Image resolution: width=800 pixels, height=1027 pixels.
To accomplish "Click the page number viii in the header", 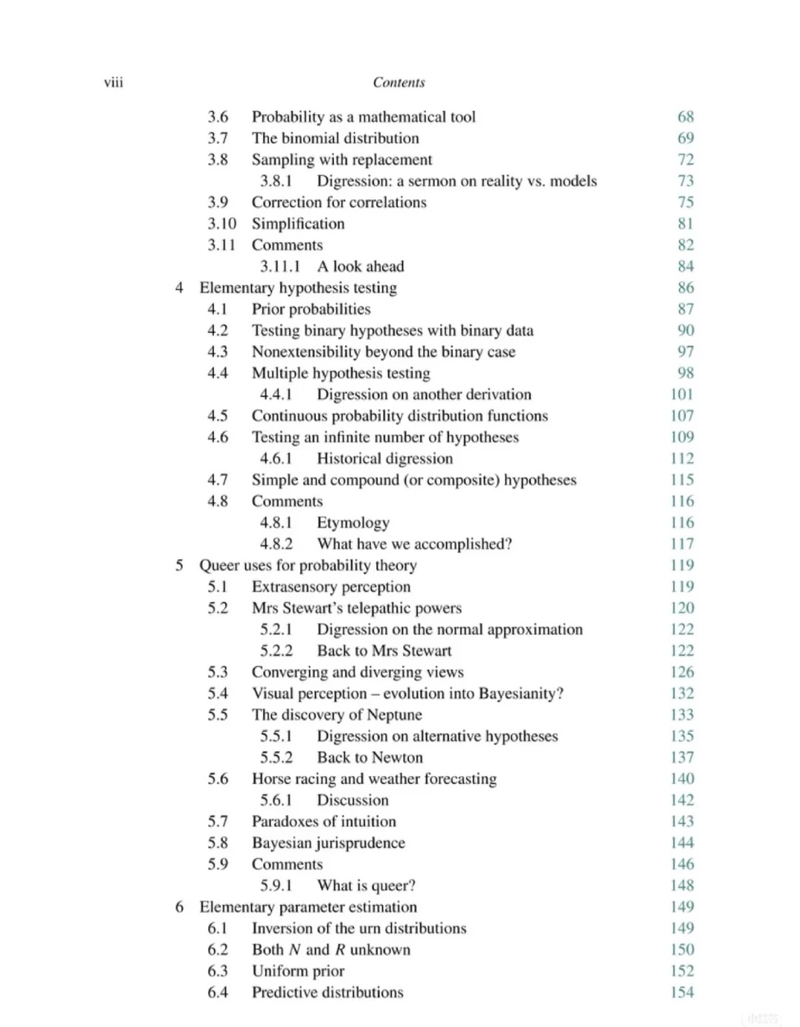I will point(113,82).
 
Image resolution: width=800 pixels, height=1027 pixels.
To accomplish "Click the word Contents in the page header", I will point(399,82).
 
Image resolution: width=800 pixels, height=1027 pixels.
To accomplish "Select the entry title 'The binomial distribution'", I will point(335,138).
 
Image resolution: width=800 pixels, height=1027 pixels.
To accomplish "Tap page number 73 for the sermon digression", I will point(685,181).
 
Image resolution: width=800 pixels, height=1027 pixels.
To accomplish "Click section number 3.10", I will point(221,224).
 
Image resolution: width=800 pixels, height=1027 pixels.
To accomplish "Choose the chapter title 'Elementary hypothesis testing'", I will point(298,287).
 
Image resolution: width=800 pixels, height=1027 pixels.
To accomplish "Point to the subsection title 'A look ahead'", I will point(360,266).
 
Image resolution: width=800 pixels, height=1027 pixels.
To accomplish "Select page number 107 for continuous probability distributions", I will point(681,415).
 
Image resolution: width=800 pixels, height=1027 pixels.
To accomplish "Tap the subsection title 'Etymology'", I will point(353,522).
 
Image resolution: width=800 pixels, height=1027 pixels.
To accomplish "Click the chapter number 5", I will point(179,565).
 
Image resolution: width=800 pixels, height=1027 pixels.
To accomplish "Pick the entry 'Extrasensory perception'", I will point(330,586).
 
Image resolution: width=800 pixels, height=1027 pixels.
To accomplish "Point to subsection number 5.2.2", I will point(276,651).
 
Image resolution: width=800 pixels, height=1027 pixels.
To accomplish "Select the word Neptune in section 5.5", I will point(394,715).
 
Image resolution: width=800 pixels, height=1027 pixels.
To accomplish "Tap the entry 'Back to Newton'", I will point(370,757).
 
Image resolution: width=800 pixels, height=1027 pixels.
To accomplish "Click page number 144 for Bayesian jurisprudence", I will point(681,843).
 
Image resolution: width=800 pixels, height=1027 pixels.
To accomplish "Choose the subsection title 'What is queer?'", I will point(366,886).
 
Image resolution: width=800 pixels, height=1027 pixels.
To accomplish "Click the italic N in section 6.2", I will point(295,949).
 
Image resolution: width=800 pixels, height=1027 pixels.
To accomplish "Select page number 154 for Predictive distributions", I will point(681,992).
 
